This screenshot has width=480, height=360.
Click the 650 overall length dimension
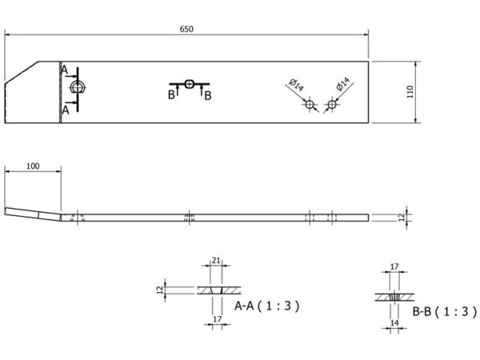point(186,29)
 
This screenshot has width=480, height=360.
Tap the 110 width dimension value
point(410,92)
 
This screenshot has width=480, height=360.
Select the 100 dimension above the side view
point(33,166)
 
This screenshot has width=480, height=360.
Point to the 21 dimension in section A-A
point(216,261)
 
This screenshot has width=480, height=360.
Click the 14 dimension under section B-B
point(394,322)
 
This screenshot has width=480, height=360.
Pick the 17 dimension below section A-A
point(217,319)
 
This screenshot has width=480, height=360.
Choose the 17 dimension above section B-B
point(394,266)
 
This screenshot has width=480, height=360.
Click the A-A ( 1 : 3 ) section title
point(267,306)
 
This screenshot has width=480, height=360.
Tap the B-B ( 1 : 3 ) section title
point(445,312)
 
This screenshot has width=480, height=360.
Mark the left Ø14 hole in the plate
point(310,104)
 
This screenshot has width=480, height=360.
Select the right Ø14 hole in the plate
point(332,104)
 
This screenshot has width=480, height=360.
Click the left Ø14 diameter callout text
point(296,85)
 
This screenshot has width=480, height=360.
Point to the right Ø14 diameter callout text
point(343,84)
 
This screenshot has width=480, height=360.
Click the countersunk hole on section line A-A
point(77,87)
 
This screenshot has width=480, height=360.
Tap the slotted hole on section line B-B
point(189,83)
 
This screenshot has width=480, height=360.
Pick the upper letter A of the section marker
point(64,70)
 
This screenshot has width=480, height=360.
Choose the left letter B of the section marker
point(171,95)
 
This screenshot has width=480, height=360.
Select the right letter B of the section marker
point(208,95)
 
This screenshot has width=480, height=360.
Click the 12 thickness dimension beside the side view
point(402,218)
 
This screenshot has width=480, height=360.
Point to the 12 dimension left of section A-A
point(160,290)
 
